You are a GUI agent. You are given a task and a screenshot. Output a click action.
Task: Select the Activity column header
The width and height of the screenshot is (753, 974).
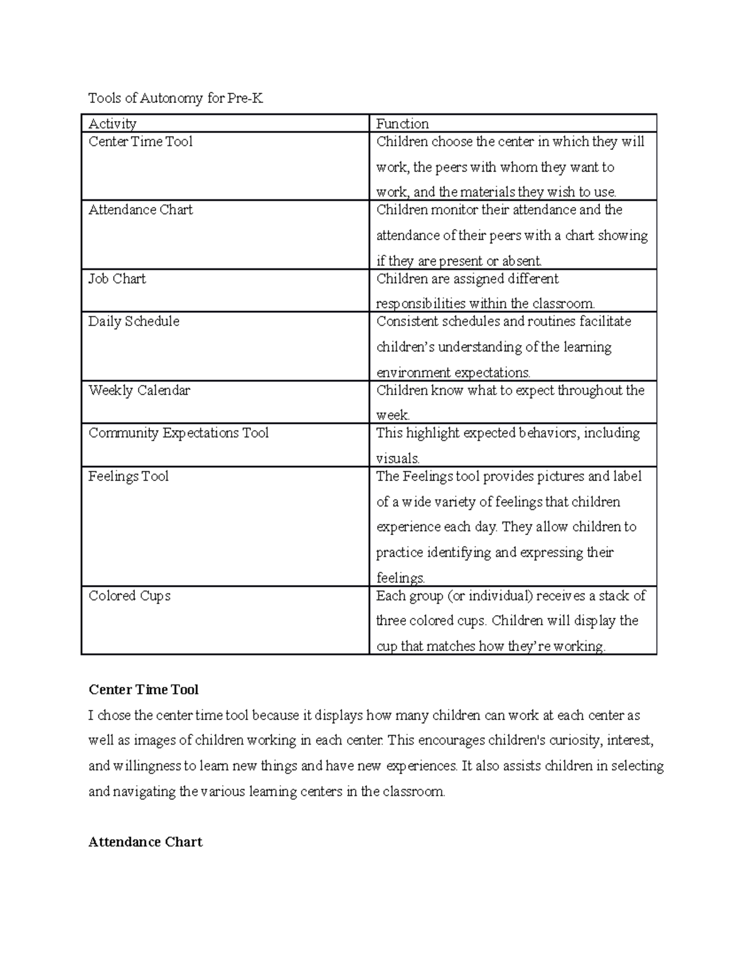[x=112, y=124]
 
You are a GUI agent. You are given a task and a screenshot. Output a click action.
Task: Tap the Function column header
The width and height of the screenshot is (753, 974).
[x=402, y=124]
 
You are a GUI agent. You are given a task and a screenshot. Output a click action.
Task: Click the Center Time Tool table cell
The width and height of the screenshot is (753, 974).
[x=141, y=142]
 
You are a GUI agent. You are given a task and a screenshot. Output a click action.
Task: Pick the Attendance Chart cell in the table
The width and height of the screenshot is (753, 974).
[x=141, y=210]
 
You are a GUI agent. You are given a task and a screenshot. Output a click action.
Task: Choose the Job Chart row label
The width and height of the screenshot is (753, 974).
[x=117, y=278]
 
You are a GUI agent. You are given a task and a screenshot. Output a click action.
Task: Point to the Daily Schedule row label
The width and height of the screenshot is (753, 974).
[x=134, y=321]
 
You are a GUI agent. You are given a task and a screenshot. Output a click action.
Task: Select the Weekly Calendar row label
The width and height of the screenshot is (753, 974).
[x=139, y=390]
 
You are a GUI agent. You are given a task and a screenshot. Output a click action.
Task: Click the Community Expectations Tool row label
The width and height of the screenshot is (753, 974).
[x=178, y=433]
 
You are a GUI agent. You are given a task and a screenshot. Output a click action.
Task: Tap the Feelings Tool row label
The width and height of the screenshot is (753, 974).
[x=129, y=476]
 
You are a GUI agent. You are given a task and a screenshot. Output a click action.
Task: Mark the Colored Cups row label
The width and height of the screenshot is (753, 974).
[x=129, y=595]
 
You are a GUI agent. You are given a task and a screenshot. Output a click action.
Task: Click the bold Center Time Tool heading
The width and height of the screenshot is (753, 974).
[x=144, y=690]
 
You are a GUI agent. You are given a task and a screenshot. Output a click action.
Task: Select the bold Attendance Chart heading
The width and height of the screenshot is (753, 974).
[x=146, y=842]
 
